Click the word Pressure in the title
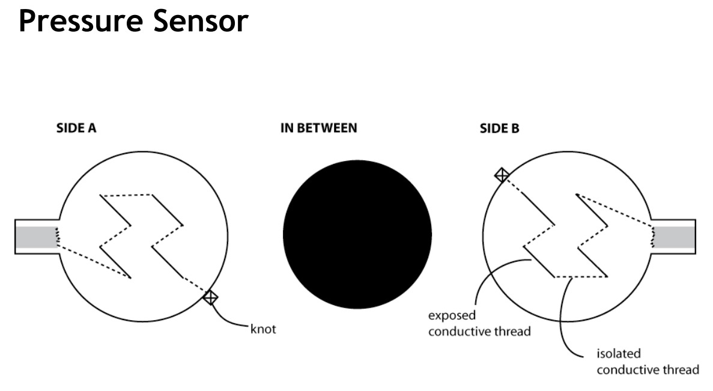(78, 21)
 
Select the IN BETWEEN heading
(319, 128)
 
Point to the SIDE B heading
(499, 129)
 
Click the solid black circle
(357, 234)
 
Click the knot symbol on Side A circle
(210, 297)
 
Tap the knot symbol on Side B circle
(502, 175)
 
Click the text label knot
(263, 330)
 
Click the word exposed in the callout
(452, 315)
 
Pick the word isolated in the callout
(618, 354)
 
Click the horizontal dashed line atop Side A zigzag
(126, 195)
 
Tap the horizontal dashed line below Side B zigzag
(580, 277)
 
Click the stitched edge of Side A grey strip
(58, 237)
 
